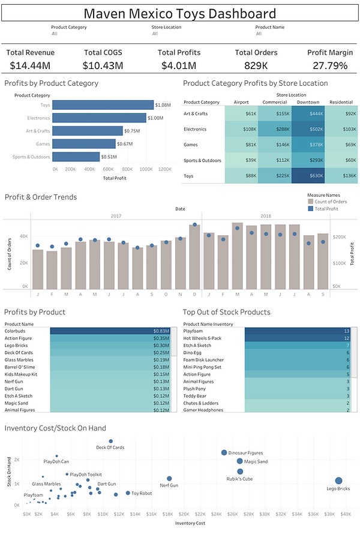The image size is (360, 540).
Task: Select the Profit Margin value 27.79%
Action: [329, 65]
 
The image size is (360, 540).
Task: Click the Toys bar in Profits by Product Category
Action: [102, 105]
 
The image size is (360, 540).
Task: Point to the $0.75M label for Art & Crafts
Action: [131, 131]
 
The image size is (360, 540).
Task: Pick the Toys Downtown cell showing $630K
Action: [308, 176]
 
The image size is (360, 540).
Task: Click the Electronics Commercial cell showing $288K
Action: [274, 129]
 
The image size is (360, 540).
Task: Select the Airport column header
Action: [241, 102]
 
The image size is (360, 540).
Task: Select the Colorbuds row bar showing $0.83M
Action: [110, 331]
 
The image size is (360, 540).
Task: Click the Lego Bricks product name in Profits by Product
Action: [16, 345]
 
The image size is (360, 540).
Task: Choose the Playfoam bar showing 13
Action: [297, 331]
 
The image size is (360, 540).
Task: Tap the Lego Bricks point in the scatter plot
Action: [338, 481]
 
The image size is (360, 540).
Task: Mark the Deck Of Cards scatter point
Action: [110, 441]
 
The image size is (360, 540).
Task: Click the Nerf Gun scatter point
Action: [169, 479]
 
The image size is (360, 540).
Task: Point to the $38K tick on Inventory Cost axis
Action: [329, 514]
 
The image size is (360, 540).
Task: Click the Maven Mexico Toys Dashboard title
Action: [180, 14]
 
